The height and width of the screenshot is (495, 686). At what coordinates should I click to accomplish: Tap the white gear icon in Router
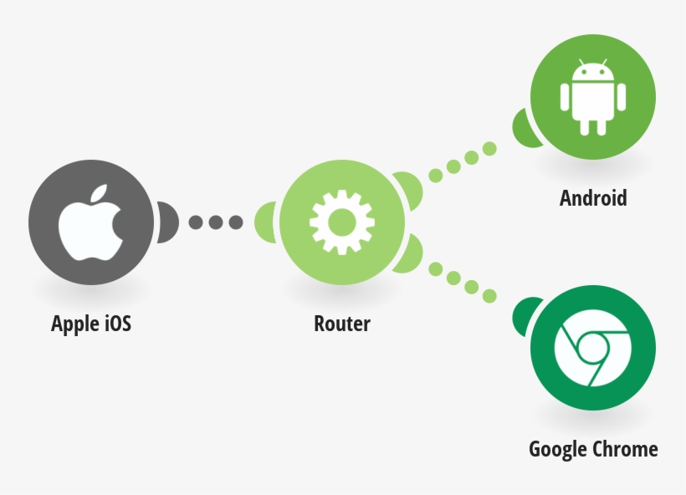341,222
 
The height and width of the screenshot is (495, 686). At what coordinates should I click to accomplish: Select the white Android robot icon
592,98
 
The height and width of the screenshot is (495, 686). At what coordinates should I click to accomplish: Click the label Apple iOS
91,324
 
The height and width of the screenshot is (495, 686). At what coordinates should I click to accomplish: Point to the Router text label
342,324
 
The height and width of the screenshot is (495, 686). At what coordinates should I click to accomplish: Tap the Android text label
593,198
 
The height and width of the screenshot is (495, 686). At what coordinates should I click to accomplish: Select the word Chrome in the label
625,449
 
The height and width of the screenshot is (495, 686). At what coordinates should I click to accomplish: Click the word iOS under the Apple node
118,324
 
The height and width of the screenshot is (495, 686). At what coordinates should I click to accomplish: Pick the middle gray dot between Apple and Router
216,222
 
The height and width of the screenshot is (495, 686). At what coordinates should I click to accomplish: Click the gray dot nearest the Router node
235,222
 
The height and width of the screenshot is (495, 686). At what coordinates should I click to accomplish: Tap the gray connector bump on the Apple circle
166,222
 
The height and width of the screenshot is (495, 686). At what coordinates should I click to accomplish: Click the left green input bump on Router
267,222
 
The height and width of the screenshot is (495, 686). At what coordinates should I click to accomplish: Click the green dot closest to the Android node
489,149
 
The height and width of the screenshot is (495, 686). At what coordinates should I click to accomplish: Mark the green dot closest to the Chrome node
489,296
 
